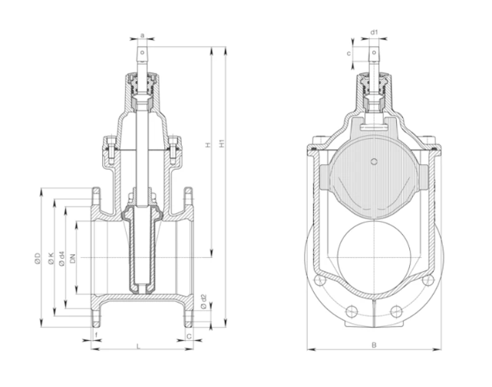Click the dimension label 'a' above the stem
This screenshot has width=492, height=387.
(143, 34)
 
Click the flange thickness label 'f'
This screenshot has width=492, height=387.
(96, 336)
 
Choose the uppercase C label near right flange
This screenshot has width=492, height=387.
(189, 336)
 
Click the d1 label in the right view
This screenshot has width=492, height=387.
(373, 33)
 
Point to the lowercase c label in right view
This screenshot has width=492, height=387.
(349, 53)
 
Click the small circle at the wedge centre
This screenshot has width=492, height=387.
(373, 161)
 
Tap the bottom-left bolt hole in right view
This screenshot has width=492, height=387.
(352, 311)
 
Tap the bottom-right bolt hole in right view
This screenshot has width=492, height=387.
(395, 311)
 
